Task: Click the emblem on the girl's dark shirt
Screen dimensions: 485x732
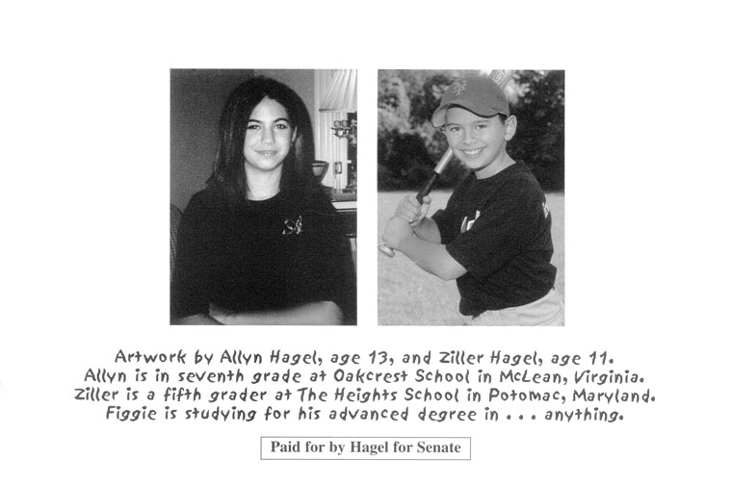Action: pos(292,224)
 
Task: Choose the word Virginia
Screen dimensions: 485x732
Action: pos(594,374)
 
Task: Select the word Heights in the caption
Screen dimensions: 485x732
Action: pos(353,396)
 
